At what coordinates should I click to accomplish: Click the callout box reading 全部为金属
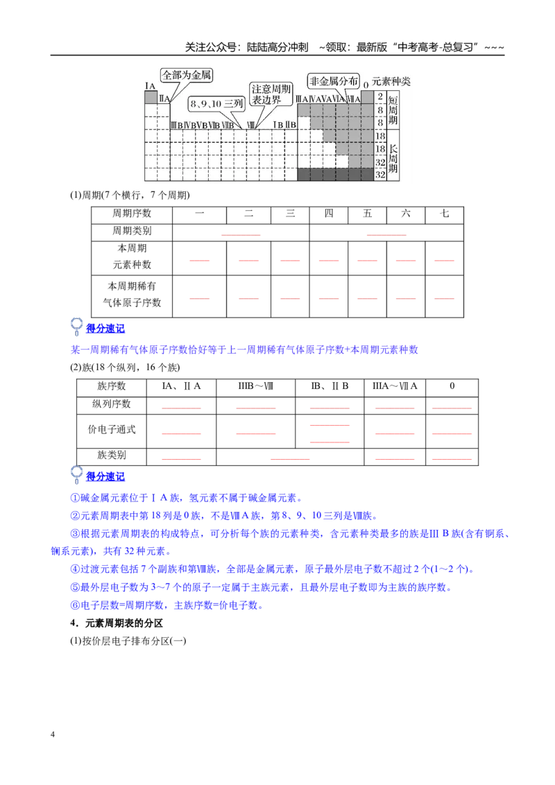click(x=187, y=75)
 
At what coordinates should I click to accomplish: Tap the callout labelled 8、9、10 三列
click(x=216, y=103)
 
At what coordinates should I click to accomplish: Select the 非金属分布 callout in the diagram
click(x=334, y=81)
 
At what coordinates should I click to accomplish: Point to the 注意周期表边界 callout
click(x=271, y=94)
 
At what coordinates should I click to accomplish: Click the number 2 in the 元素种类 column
click(x=380, y=96)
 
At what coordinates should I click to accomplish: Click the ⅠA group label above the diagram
click(x=151, y=86)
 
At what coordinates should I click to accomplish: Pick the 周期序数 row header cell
click(x=132, y=214)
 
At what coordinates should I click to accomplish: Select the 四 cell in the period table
click(x=329, y=214)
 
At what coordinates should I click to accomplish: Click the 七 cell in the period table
click(x=444, y=214)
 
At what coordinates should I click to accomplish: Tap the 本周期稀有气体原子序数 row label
click(x=132, y=294)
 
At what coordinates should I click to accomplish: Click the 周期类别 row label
click(x=132, y=231)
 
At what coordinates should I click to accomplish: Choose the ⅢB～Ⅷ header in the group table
click(x=255, y=386)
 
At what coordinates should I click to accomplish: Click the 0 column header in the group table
click(x=452, y=386)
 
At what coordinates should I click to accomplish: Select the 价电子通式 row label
click(x=111, y=429)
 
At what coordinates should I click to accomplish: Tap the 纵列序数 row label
click(x=111, y=404)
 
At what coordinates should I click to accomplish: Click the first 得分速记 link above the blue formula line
click(x=105, y=329)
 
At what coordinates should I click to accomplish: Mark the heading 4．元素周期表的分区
click(x=117, y=623)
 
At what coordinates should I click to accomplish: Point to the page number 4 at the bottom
click(x=53, y=734)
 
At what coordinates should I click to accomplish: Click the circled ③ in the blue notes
click(x=75, y=534)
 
